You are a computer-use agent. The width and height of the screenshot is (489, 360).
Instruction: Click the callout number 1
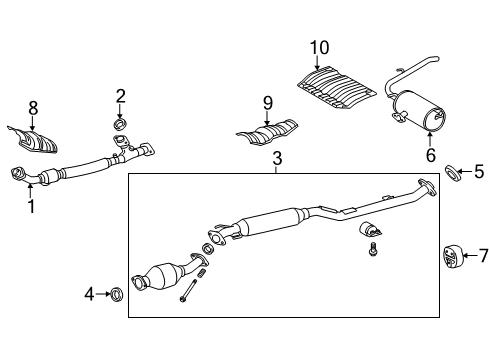(x=30, y=207)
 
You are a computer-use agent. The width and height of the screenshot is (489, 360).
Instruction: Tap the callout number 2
(x=120, y=96)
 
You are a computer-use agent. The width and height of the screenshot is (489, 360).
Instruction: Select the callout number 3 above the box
(x=276, y=158)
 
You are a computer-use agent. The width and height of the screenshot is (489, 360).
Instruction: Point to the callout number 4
(x=88, y=294)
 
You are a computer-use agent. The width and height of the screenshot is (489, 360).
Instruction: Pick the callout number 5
(x=478, y=171)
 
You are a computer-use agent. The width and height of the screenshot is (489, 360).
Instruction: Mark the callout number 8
(x=33, y=107)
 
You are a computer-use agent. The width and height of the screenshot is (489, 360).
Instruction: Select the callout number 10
(x=318, y=47)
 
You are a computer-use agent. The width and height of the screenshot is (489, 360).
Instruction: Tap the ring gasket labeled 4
(x=115, y=294)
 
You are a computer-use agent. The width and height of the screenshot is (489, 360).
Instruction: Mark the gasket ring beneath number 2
(x=121, y=123)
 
